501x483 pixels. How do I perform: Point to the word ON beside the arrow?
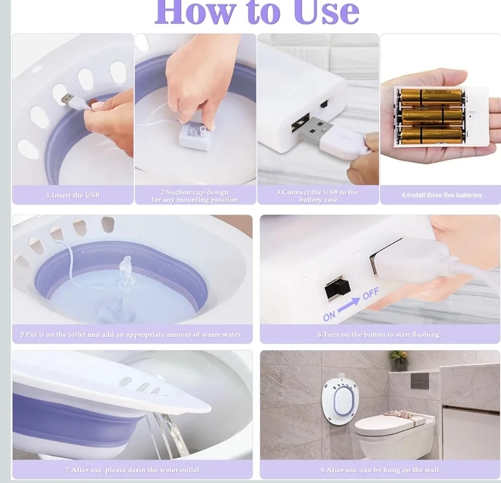coord(329,316)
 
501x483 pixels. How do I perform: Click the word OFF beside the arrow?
coord(371,293)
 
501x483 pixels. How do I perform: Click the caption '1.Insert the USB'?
coord(73,195)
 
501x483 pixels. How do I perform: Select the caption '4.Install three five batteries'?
coord(442,195)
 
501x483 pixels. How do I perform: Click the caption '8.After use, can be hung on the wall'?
coord(380,470)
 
